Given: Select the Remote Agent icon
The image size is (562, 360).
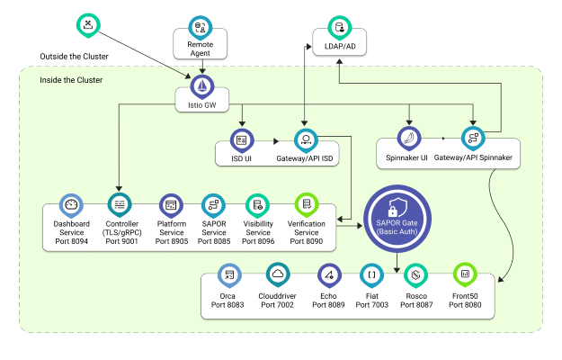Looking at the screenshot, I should tap(200, 27).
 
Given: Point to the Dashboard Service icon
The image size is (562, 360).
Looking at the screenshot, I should tap(71, 206).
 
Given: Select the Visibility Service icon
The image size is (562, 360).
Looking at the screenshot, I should tap(258, 206).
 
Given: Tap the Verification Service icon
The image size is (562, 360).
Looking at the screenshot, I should tap(307, 206).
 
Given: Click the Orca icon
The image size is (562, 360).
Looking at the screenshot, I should tap(230, 274).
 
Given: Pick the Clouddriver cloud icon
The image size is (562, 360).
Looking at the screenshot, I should tap(279, 274).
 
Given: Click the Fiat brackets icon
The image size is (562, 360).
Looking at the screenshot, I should tap(372, 274).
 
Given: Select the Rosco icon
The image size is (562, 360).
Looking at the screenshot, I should tap(415, 274).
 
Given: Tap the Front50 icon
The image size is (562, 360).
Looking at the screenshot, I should tap(464, 274).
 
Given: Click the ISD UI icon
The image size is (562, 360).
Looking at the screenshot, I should tap(241, 140).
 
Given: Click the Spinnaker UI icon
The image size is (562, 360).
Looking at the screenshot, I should tap(411, 139).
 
